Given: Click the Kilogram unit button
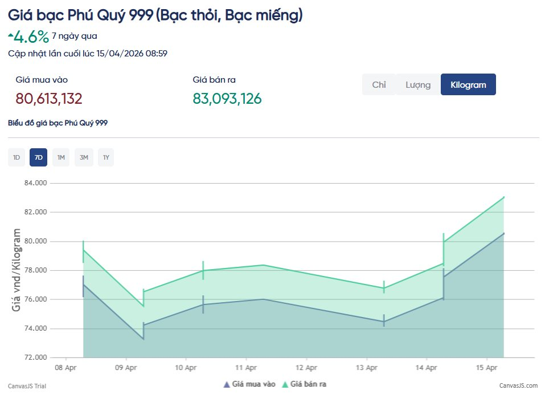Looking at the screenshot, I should pyautogui.click(x=468, y=84).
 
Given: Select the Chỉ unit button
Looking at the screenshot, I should pyautogui.click(x=379, y=84).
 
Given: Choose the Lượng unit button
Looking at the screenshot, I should pyautogui.click(x=418, y=84).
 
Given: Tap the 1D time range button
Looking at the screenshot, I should pyautogui.click(x=17, y=157).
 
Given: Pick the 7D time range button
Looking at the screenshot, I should pyautogui.click(x=38, y=157).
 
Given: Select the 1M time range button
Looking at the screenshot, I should pyautogui.click(x=61, y=157).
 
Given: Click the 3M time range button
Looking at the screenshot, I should pyautogui.click(x=84, y=157).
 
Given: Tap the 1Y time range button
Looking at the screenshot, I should pyautogui.click(x=105, y=157).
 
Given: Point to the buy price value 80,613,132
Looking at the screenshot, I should pyautogui.click(x=49, y=99).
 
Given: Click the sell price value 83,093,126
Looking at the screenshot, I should pyautogui.click(x=227, y=99).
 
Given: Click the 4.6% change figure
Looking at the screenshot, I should pyautogui.click(x=31, y=37).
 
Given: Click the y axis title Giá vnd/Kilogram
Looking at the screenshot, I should pyautogui.click(x=17, y=270).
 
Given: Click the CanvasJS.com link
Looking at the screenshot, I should pyautogui.click(x=518, y=386).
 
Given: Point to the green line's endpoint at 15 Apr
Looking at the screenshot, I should pyautogui.click(x=503, y=197).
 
